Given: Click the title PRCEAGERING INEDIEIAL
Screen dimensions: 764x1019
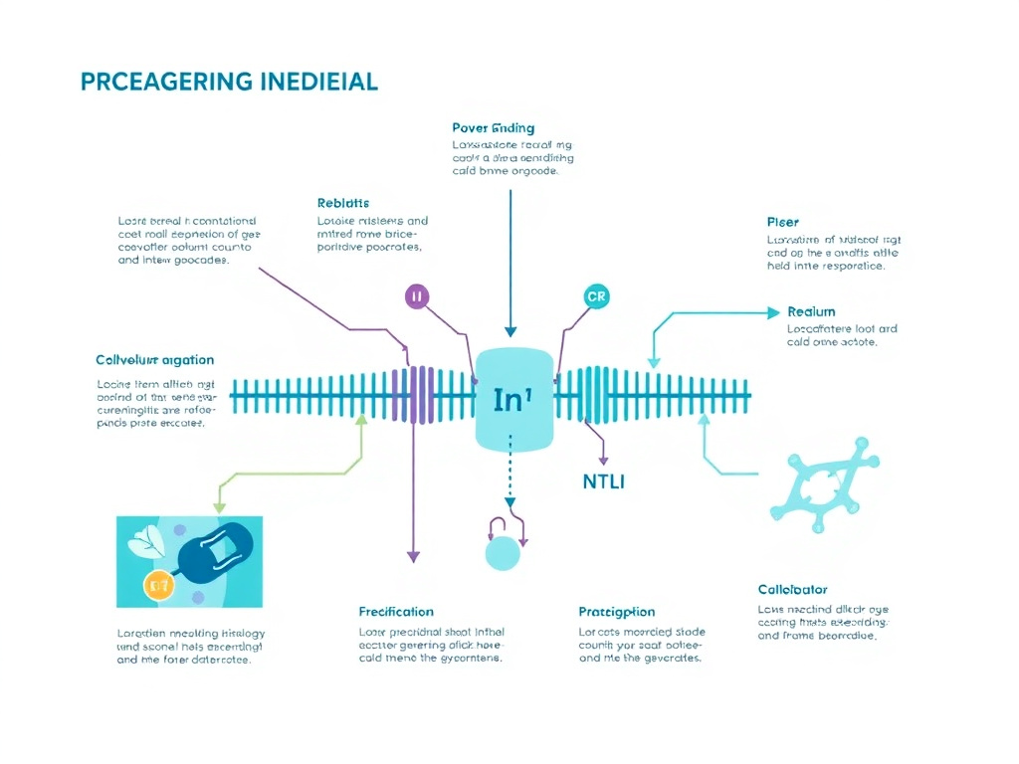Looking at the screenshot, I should tap(228, 82).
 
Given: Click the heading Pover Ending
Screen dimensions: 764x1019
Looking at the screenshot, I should tap(493, 128).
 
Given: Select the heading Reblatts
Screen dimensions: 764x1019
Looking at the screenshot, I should tap(343, 203).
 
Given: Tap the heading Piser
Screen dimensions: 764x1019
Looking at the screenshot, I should tap(782, 222).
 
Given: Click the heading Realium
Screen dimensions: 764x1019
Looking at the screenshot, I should tap(811, 311).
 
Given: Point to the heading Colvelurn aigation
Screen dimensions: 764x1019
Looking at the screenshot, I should tap(154, 360).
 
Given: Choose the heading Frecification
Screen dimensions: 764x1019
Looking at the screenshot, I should tap(396, 611).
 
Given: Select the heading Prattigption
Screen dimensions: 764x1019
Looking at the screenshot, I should tap(617, 612).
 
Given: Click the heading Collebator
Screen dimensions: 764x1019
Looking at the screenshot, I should tap(792, 590).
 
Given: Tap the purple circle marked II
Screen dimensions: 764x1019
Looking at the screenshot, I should tap(417, 295).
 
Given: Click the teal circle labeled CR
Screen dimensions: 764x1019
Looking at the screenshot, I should tap(595, 296).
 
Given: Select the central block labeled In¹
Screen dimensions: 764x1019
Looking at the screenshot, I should tap(513, 399).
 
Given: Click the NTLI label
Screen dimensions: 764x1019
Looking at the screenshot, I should tap(603, 482).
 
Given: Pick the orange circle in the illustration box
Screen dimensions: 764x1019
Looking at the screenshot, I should tap(159, 586).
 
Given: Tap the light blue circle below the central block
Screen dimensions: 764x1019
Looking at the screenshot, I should tap(503, 553).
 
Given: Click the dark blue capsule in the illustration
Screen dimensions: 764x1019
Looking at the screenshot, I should tap(216, 553).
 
